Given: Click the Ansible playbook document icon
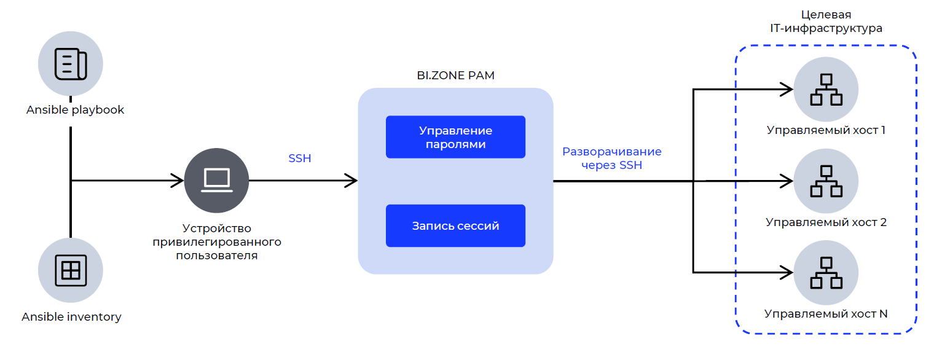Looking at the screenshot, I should click(x=71, y=64).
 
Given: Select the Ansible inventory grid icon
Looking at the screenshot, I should click(x=71, y=270).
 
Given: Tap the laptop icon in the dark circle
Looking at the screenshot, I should click(x=216, y=181).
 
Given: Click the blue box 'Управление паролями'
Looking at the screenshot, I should click(x=455, y=137).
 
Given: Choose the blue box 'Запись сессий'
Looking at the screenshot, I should click(x=455, y=225).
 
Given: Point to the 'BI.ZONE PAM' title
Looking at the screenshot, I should click(x=455, y=76).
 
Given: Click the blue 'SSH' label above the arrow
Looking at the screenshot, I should click(x=300, y=158).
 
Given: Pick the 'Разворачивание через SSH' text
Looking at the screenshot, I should click(x=611, y=158).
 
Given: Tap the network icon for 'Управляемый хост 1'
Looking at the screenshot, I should click(x=826, y=90).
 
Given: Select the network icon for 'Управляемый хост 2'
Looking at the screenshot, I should click(x=826, y=181).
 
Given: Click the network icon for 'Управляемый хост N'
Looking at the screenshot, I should click(x=826, y=272).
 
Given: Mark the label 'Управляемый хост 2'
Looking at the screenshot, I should click(x=826, y=222).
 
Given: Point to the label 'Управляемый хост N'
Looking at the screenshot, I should click(x=826, y=313).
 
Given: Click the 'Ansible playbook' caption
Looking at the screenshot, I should click(x=76, y=110).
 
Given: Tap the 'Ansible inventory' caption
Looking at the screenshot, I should click(x=71, y=317).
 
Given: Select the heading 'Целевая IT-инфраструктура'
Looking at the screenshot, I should click(x=826, y=22).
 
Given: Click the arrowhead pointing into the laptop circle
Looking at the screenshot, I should click(x=179, y=181).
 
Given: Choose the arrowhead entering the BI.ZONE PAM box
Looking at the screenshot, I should click(x=352, y=181).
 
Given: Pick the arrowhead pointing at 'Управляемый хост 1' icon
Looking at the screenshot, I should click(x=788, y=90).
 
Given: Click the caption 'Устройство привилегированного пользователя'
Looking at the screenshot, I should click(x=216, y=242).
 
